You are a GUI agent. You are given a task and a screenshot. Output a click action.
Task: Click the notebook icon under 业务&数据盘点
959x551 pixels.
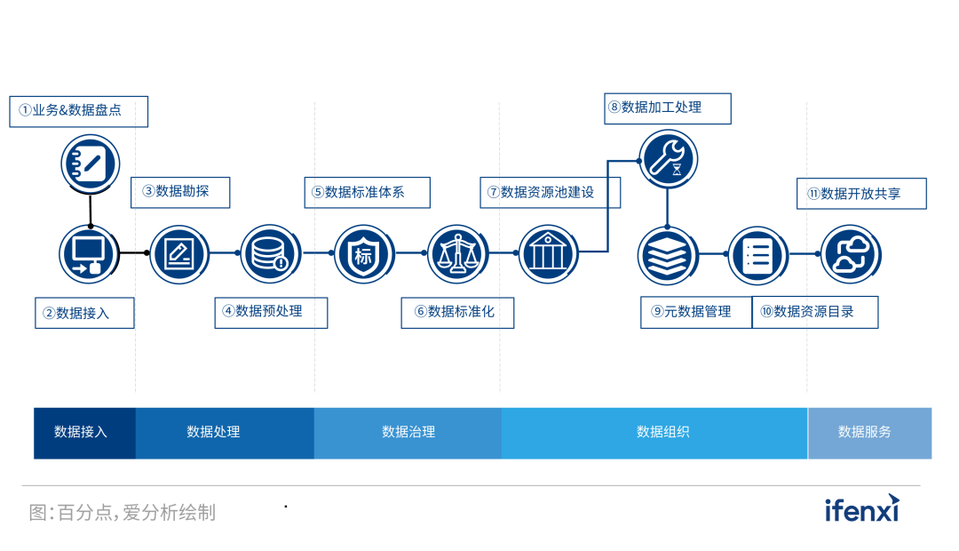point(90,162)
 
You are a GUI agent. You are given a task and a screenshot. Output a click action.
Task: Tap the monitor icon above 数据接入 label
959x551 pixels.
point(90,253)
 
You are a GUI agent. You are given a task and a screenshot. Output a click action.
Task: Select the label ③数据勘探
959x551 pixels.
point(180,192)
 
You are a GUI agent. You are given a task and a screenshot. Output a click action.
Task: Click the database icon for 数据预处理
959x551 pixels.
point(271,253)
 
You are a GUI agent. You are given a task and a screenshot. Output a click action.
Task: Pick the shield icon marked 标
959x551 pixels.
point(364,254)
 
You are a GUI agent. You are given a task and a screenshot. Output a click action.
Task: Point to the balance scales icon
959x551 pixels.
point(458,254)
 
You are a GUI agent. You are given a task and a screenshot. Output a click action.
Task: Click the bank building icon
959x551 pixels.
point(548,254)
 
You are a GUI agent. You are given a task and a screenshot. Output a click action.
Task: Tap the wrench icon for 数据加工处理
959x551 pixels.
point(668,159)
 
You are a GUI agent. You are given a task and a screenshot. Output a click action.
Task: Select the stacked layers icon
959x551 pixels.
point(668,255)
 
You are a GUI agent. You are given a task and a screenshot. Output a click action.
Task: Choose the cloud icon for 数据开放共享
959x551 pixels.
point(850,254)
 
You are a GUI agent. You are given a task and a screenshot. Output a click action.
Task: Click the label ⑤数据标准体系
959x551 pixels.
point(367,192)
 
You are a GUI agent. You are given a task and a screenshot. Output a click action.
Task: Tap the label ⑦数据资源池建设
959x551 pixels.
point(550,192)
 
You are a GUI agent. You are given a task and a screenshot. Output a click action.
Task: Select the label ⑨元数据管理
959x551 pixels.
point(696,312)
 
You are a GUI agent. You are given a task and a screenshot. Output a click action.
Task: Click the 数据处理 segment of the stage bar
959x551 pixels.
point(225,433)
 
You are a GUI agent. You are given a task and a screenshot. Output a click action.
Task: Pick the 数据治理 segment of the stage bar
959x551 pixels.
point(408,433)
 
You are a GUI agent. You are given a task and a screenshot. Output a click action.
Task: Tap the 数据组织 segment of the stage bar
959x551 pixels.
point(654,433)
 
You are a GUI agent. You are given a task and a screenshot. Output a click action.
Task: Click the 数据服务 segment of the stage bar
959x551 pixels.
point(869,433)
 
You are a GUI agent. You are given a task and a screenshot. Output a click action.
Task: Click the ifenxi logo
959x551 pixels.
point(861,508)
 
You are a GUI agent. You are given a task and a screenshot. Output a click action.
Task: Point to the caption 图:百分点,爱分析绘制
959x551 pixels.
point(123,513)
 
